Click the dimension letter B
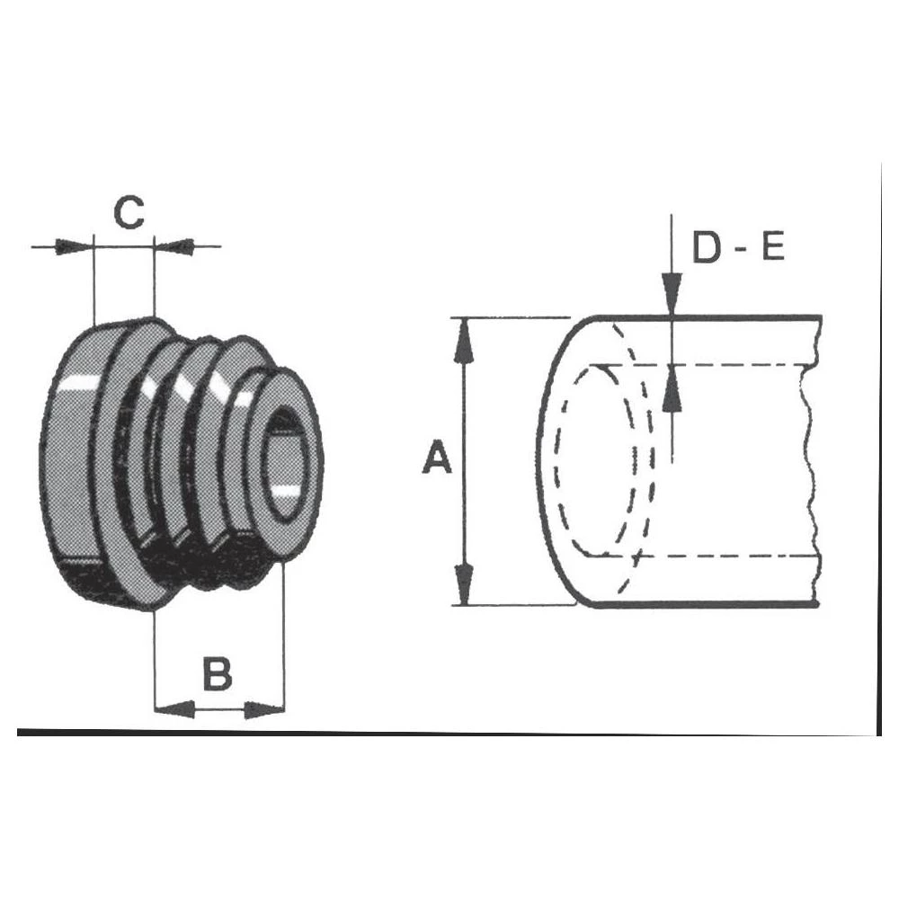pyautogui.click(x=217, y=673)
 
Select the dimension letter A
pyautogui.click(x=437, y=459)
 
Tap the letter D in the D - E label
pyautogui.click(x=707, y=248)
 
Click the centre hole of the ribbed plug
pyautogui.click(x=288, y=463)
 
